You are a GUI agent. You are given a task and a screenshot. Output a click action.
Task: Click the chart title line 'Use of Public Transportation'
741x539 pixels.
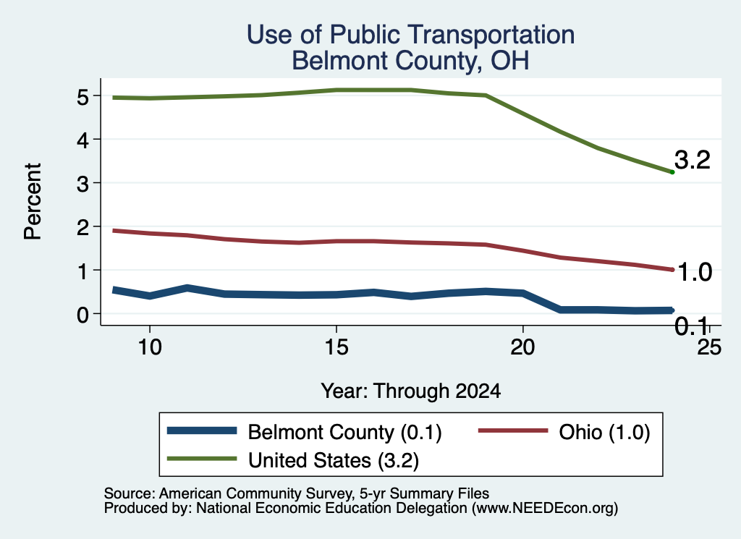(410, 35)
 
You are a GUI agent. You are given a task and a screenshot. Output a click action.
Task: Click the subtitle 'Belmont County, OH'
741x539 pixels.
(410, 61)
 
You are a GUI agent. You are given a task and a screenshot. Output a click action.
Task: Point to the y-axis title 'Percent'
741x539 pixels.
(33, 202)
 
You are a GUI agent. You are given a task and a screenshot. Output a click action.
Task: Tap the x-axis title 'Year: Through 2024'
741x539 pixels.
(411, 391)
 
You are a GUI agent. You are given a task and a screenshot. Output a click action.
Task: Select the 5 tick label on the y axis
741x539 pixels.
(83, 98)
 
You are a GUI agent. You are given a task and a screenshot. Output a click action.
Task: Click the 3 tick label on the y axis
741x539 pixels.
(83, 184)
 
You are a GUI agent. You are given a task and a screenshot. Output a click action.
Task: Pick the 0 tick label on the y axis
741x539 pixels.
(83, 315)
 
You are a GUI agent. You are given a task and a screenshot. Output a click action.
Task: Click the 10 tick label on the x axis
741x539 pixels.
(150, 347)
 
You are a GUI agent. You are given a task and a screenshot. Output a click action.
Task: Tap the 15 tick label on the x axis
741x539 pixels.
(336, 347)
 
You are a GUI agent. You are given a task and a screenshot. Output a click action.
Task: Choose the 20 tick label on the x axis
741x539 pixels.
(522, 347)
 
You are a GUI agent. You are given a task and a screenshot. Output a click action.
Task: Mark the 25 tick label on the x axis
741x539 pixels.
(709, 347)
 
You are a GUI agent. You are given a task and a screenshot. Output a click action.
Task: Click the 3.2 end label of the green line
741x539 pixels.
(693, 160)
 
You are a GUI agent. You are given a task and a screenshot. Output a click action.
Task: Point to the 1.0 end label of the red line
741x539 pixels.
(694, 272)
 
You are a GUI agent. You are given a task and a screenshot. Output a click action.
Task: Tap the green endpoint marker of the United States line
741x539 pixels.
(672, 172)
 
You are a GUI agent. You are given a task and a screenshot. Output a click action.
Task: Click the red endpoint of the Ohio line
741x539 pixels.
(672, 270)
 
